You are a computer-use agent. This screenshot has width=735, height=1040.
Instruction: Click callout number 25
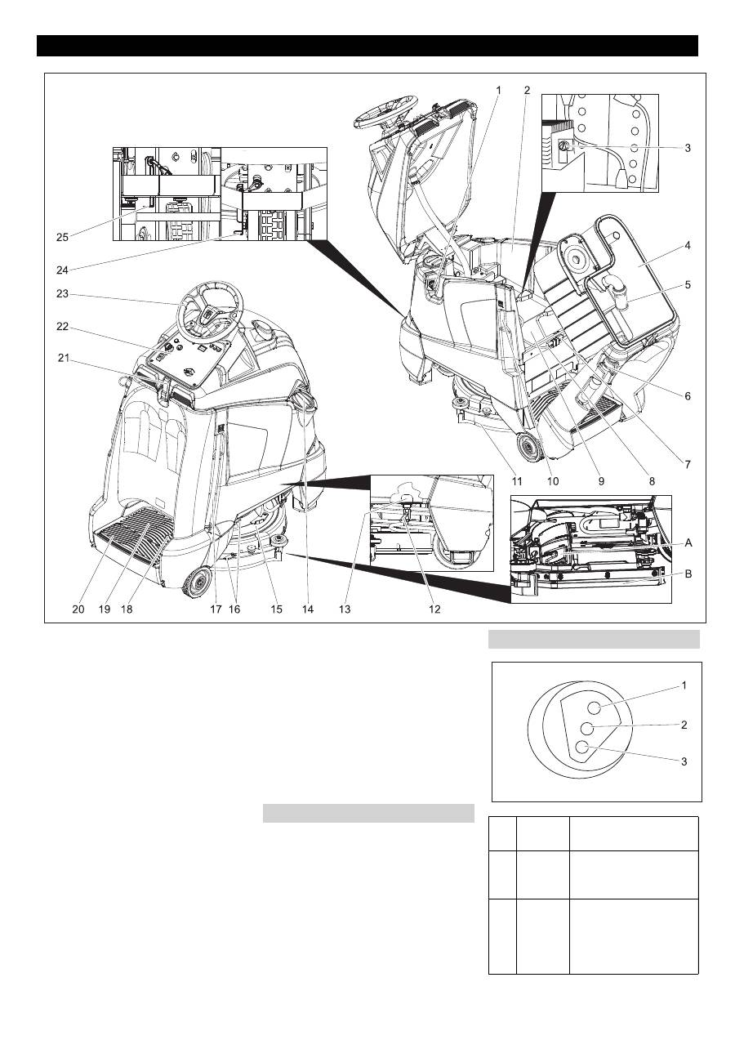(62, 237)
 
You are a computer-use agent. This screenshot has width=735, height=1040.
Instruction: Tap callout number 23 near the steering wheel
(62, 295)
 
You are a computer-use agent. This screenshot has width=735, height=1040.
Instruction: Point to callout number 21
(62, 356)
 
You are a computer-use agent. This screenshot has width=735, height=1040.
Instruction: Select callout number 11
(515, 481)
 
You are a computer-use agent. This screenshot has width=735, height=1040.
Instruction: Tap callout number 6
(688, 395)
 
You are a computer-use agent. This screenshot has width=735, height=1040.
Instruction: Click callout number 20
(78, 609)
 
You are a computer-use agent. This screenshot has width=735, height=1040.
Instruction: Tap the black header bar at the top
(367, 46)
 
